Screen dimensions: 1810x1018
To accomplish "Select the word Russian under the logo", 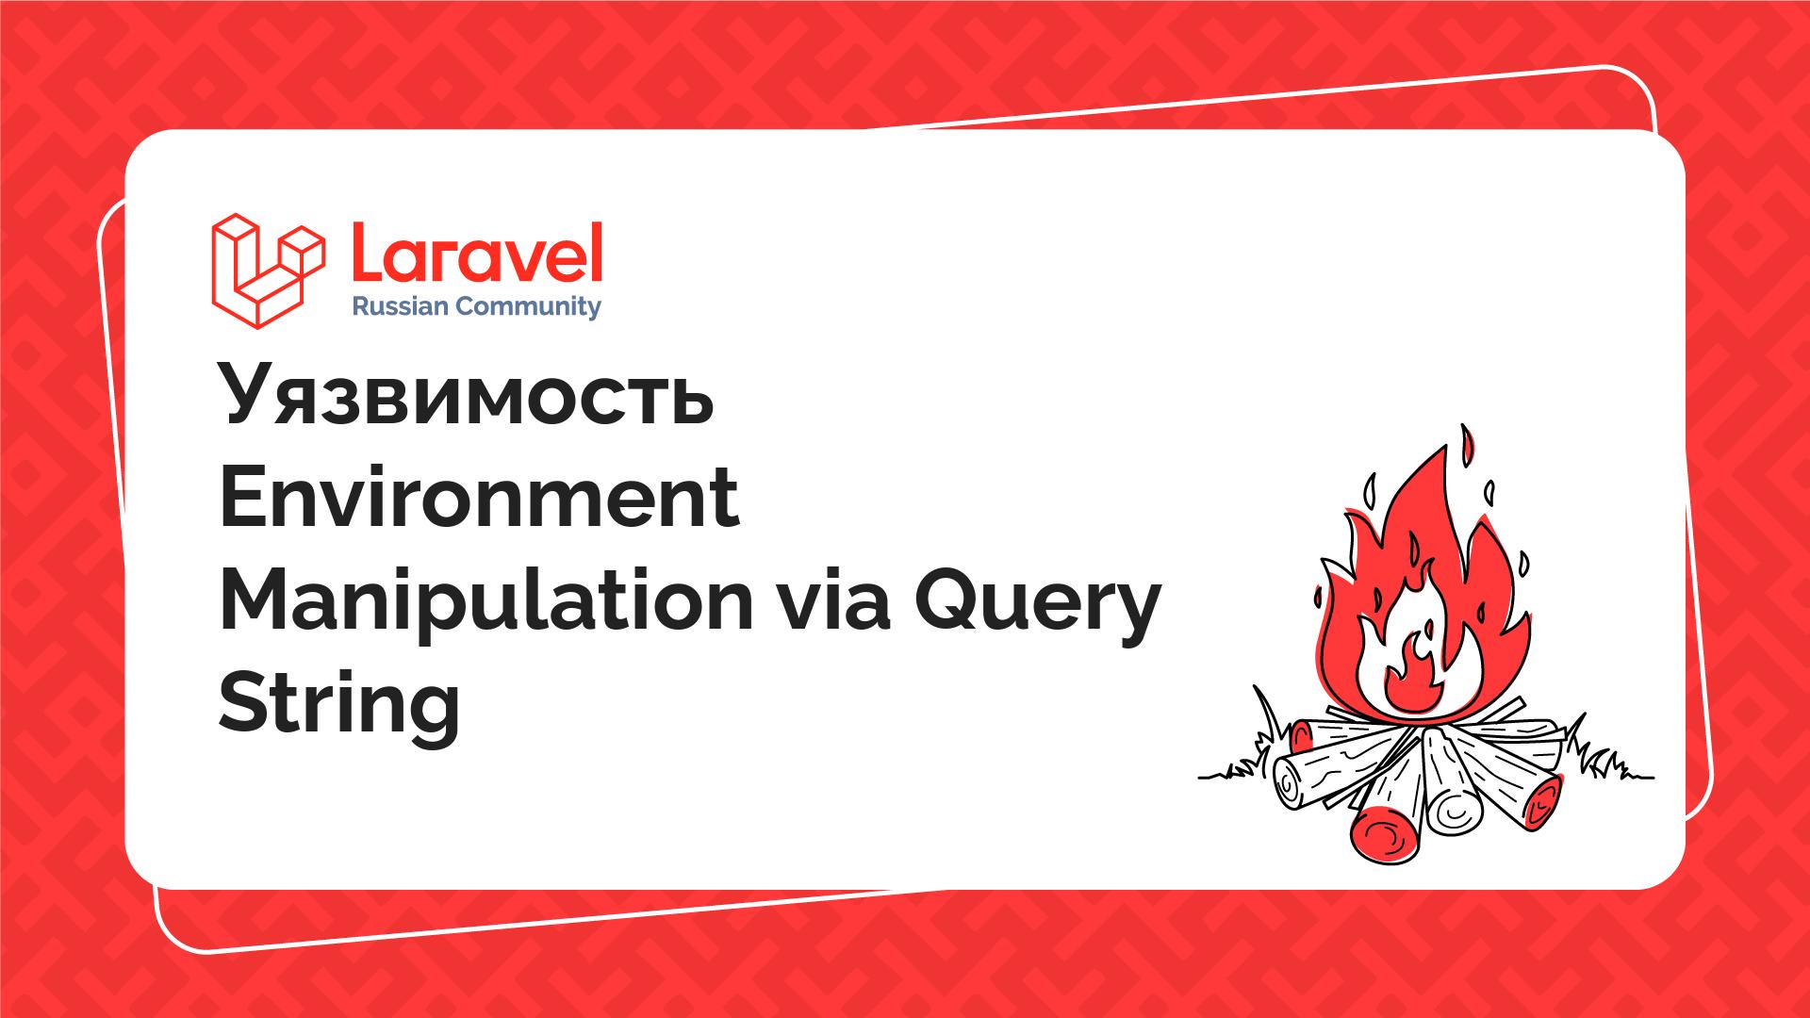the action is pos(396,306).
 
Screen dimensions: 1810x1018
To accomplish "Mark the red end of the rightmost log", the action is pos(1540,802).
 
